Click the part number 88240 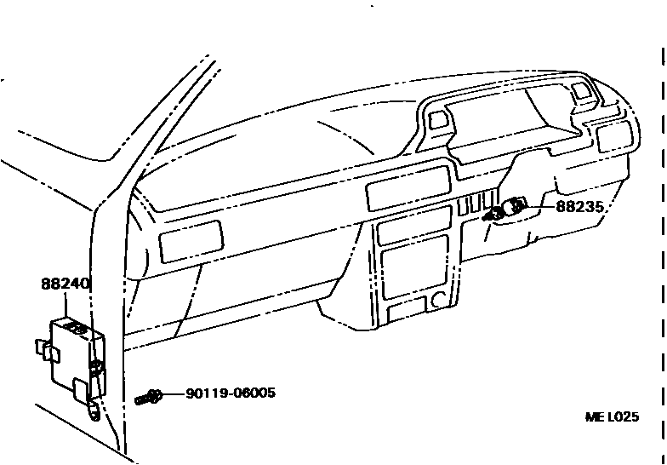66,284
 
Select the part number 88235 581,206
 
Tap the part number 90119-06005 230,393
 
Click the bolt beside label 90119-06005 148,396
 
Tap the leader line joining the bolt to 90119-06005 174,394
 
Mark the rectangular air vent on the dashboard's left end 191,240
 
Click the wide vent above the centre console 408,188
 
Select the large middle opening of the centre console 414,267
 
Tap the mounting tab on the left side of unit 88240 43,347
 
